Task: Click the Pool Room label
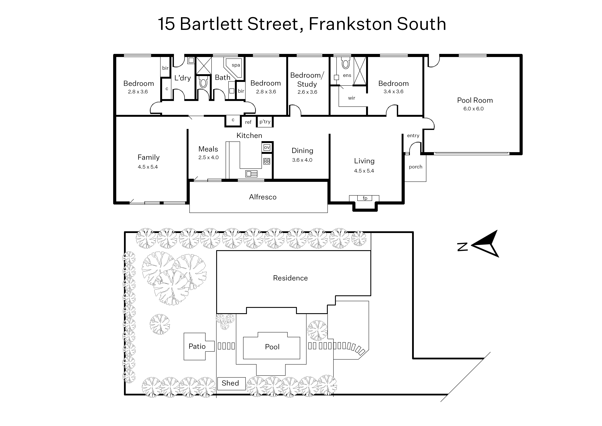click(475, 100)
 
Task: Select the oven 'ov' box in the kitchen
click(267, 147)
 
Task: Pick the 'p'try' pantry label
click(265, 122)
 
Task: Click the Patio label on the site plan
click(197, 346)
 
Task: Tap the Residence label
click(290, 278)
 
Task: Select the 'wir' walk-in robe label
click(351, 98)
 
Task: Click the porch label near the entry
click(416, 167)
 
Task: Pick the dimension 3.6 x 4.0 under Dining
click(302, 160)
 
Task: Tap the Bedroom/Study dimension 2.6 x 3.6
click(307, 92)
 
